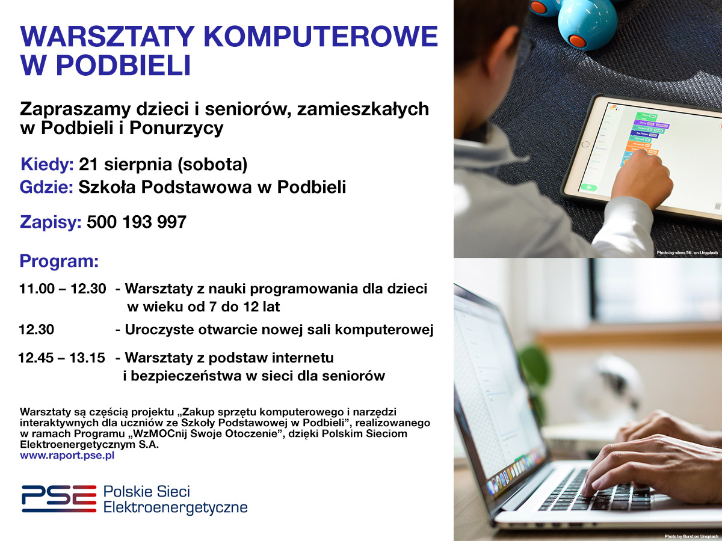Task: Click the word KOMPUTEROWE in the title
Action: [x=321, y=36]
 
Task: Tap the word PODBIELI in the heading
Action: [x=123, y=65]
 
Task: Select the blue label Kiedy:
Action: [x=47, y=164]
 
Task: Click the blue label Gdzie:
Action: [x=46, y=187]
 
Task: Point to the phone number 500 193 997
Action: [x=137, y=222]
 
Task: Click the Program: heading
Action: [x=59, y=261]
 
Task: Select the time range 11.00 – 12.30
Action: [x=63, y=289]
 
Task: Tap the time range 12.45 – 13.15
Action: [x=61, y=358]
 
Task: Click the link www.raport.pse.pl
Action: [x=67, y=456]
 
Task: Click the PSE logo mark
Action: [x=59, y=499]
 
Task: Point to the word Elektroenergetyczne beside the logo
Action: [x=176, y=507]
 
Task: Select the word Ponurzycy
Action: [x=176, y=129]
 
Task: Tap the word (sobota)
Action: [x=212, y=165]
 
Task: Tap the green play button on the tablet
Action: [x=589, y=188]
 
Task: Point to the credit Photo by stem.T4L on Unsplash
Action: [x=687, y=252]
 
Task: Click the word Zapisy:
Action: [x=51, y=222]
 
